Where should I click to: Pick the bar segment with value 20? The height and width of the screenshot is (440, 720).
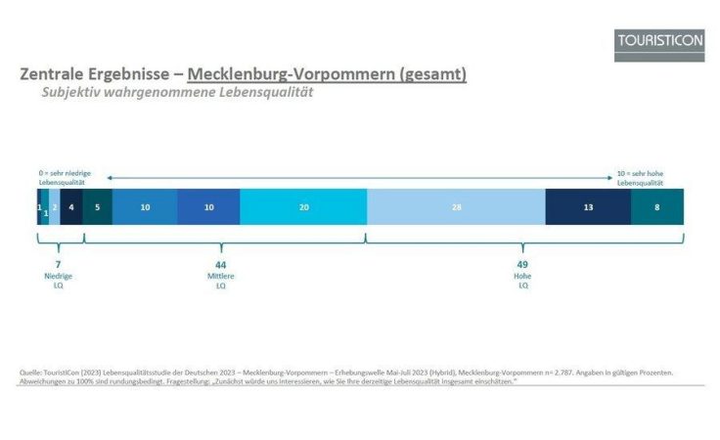pos(303,207)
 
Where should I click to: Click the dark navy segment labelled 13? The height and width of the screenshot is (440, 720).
pos(587,207)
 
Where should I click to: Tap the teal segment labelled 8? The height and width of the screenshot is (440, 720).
pos(656,207)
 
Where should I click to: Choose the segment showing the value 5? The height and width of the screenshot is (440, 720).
pos(97,207)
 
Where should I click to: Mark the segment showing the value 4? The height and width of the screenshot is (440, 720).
pos(71,207)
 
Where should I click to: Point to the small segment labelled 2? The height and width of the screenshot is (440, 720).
pos(55,207)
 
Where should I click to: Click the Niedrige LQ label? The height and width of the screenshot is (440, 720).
pos(59,282)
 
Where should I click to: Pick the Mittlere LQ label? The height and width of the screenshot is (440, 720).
pos(220,282)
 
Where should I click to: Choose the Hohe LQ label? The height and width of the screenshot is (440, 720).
pos(522,282)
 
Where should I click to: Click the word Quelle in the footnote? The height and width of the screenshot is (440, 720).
pos(31,372)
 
